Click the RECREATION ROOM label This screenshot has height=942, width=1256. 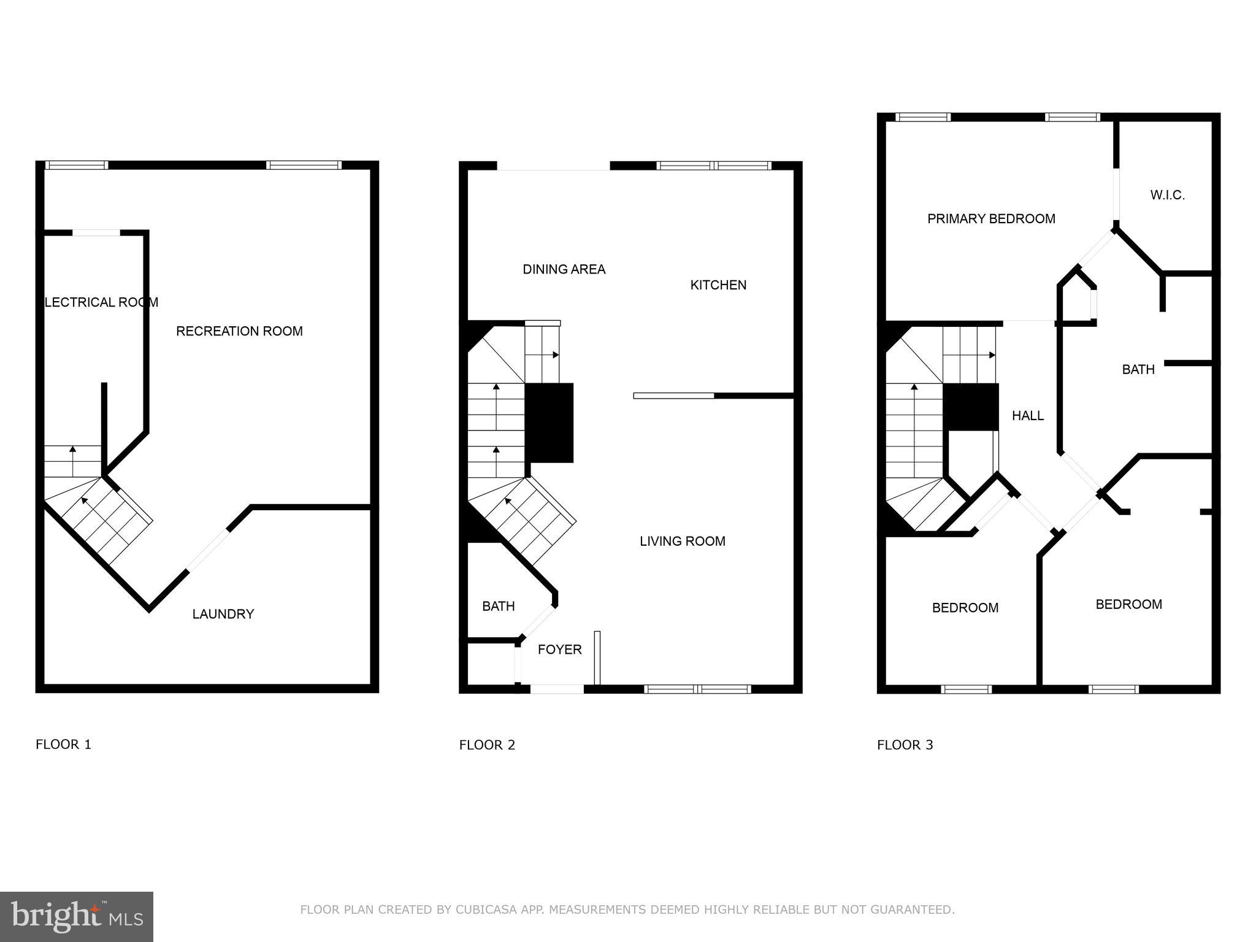tap(239, 331)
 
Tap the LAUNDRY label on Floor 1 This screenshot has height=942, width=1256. tap(223, 614)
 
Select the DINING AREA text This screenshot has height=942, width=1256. tap(564, 269)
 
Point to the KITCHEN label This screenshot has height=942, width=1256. tap(718, 285)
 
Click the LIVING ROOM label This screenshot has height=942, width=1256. tap(682, 541)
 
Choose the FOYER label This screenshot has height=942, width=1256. tap(559, 649)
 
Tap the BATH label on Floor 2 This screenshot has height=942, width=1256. tap(498, 606)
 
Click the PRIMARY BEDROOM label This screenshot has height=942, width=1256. tap(990, 218)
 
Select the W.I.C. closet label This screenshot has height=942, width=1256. tap(1167, 195)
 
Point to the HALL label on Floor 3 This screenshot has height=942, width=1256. tap(1027, 416)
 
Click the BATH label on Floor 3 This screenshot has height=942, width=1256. tap(1138, 369)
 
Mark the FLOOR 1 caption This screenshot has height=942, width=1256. tap(63, 745)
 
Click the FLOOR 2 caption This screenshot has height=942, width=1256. tap(487, 745)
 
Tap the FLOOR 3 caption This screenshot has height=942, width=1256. tap(905, 745)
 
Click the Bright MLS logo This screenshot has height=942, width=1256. tap(76, 917)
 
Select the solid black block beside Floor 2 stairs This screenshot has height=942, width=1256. tap(549, 423)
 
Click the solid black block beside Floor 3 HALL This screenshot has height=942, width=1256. tap(970, 407)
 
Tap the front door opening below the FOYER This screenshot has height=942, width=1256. tap(557, 689)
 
